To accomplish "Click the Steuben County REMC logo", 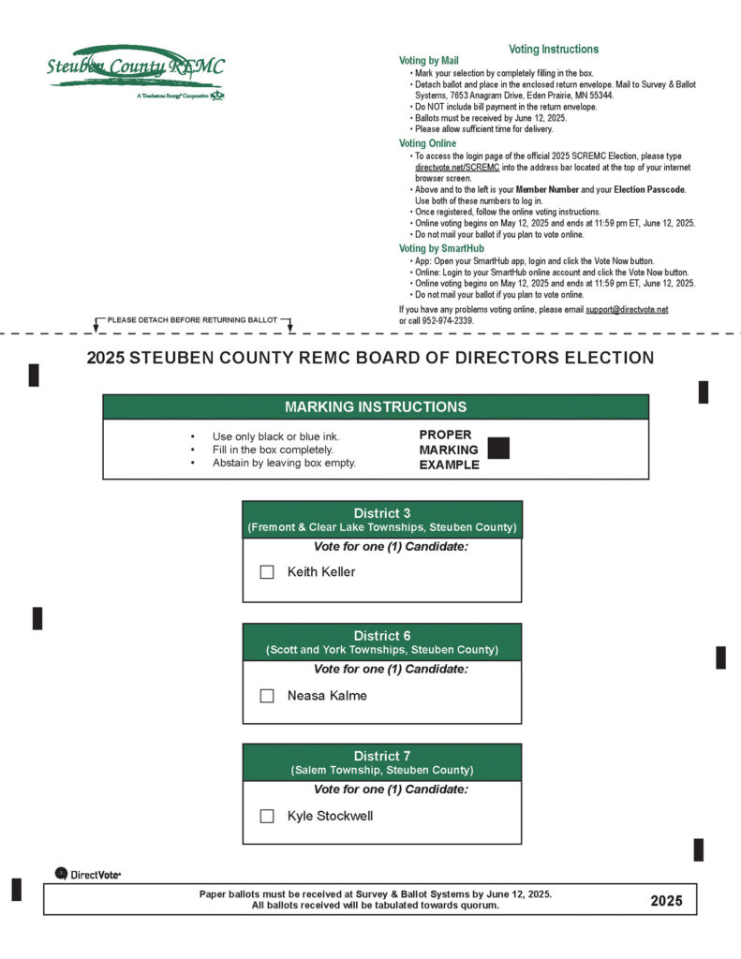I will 135,68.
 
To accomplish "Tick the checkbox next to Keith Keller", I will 267,572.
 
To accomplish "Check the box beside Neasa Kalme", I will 267,696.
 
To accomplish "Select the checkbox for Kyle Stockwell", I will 267,816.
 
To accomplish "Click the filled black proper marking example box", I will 498,449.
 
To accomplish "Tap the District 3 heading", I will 381,513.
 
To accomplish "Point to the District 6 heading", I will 381,636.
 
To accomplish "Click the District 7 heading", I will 381,756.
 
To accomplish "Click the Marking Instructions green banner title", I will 375,407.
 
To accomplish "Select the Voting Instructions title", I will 553,49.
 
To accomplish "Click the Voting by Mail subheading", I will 429,61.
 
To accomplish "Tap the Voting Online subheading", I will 427,143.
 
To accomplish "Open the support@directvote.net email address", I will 627,309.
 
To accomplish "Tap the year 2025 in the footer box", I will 667,901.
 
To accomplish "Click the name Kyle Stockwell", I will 330,816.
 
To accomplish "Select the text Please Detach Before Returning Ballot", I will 192,320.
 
